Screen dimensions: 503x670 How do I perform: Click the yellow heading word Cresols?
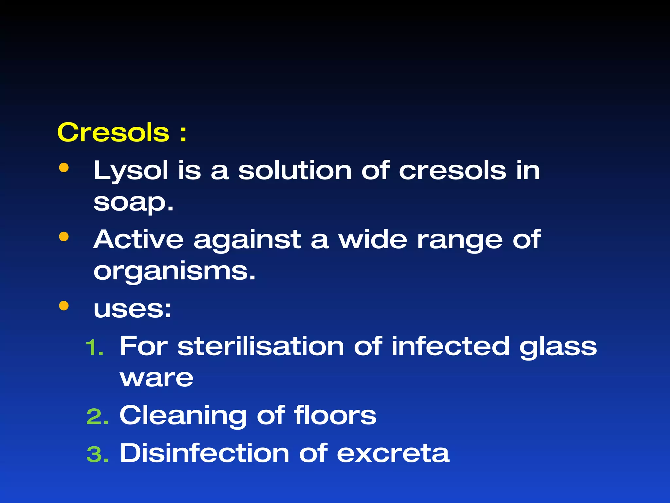click(113, 133)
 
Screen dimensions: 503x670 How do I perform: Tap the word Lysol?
click(131, 171)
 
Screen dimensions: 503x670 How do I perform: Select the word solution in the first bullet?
click(294, 171)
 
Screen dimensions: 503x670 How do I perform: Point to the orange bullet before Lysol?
click(64, 168)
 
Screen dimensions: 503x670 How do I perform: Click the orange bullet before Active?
click(64, 236)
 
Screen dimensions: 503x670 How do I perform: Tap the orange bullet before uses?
click(64, 306)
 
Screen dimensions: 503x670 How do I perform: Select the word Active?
click(138, 239)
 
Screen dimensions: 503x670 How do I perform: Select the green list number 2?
click(97, 417)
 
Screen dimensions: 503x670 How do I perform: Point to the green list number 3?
click(97, 455)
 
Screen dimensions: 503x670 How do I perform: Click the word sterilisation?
click(260, 346)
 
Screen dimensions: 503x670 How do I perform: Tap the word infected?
click(450, 346)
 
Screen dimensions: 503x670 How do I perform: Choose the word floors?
click(335, 415)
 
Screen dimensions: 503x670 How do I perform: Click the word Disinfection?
click(204, 453)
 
